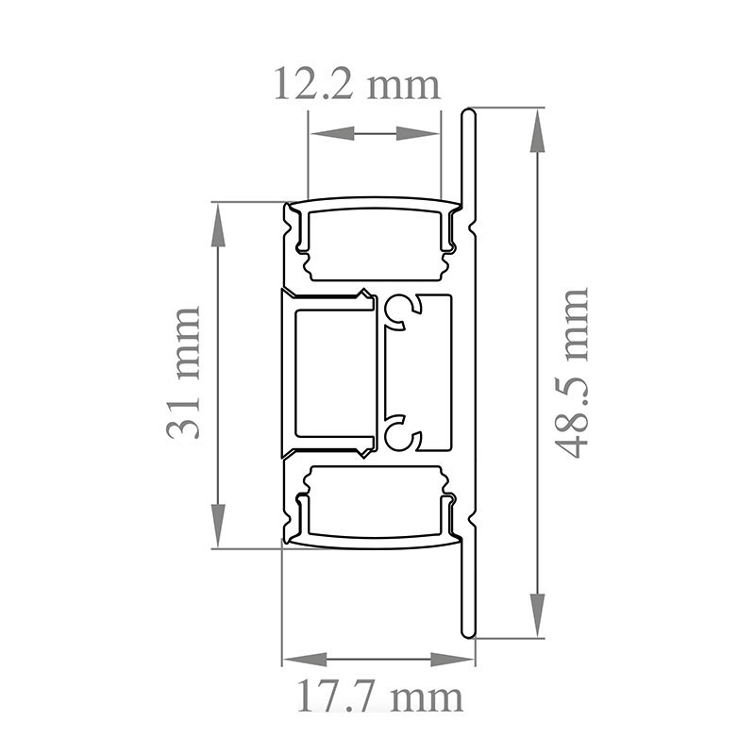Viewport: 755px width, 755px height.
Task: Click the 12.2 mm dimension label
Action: (357, 84)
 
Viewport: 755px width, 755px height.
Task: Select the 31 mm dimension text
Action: (183, 373)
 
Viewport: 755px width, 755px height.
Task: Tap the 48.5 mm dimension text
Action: (572, 373)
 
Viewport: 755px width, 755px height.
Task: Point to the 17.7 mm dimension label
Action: (379, 698)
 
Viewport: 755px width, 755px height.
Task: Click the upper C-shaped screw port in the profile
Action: (400, 310)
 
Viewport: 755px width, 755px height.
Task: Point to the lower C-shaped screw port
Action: (400, 435)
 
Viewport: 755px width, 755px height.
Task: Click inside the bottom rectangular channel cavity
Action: (375, 505)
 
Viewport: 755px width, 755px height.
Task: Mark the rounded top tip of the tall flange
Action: (468, 113)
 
